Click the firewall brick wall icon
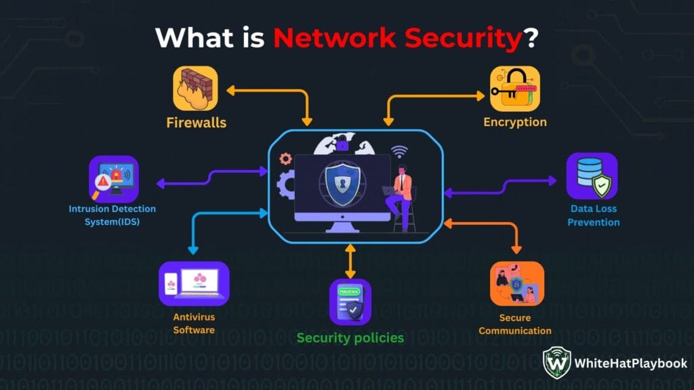point(195,88)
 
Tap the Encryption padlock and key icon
point(515,88)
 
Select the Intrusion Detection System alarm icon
point(113,179)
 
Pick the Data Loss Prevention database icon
point(592,175)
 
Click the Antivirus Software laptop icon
point(194,284)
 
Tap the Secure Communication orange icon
point(516,284)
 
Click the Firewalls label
point(197,123)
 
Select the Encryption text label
point(515,123)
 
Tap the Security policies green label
point(350,337)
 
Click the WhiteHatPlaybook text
point(631,363)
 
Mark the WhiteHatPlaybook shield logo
point(556,363)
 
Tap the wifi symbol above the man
point(400,152)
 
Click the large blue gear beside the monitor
point(286,183)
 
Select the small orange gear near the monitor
point(285,158)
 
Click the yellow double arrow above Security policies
point(350,261)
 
